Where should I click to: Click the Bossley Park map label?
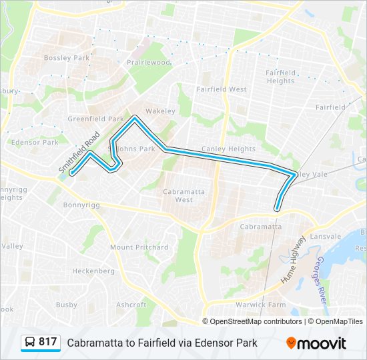coord(66,58)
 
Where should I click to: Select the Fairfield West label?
coord(222,89)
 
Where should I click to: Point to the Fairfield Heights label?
coord(280,77)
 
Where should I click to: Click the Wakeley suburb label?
coord(159,111)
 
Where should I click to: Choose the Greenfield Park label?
coord(96,119)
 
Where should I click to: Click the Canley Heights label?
coord(232,149)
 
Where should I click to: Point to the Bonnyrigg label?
coord(81,205)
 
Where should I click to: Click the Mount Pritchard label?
coord(139,247)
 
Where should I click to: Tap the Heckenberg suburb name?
coord(93,271)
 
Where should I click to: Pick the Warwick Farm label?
coord(267,305)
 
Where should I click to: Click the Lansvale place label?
coord(325,236)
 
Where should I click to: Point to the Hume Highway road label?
coord(294,259)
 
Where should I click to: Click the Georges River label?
coord(322,279)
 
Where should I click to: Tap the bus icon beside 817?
coord(30,343)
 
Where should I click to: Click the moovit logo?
coord(316,343)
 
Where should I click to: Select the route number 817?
coord(48,342)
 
